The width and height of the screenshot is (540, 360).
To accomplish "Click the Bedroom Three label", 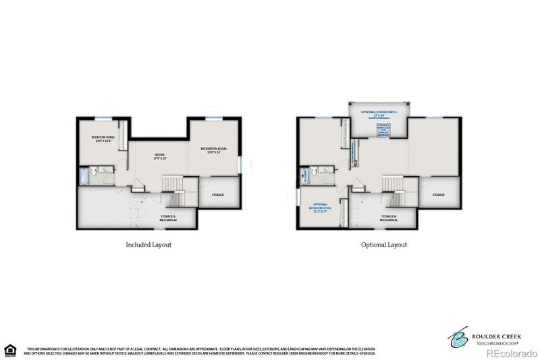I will [x=103, y=139].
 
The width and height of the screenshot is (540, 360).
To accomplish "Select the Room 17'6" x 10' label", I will [x=160, y=157].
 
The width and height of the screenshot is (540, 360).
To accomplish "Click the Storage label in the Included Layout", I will [x=217, y=195].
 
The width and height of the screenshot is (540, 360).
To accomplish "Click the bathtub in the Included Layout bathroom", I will [x=84, y=177].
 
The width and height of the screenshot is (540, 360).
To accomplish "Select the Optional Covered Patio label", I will [x=378, y=114].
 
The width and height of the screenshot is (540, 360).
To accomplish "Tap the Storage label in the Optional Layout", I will [x=438, y=195].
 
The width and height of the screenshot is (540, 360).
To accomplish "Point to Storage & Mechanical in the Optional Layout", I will [x=388, y=218].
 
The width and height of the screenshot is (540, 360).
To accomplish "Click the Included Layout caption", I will [x=148, y=245].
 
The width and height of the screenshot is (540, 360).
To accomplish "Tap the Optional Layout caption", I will [x=384, y=245].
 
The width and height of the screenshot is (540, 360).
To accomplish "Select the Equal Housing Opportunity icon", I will [x=9, y=349].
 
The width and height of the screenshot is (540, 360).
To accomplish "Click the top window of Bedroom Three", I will [x=103, y=119].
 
